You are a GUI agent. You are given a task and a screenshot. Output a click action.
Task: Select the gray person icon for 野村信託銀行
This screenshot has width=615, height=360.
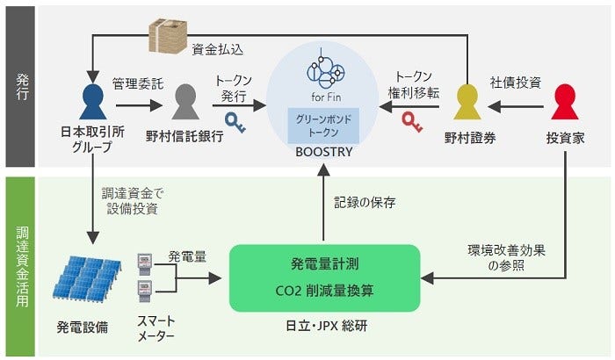click(184, 106)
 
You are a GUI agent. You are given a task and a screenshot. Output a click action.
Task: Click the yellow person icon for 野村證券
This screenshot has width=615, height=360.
click(466, 106)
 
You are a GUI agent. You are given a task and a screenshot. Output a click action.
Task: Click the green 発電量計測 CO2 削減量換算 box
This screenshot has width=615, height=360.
click(324, 277)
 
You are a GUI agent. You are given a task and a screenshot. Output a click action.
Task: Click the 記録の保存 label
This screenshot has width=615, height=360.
click(365, 202)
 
